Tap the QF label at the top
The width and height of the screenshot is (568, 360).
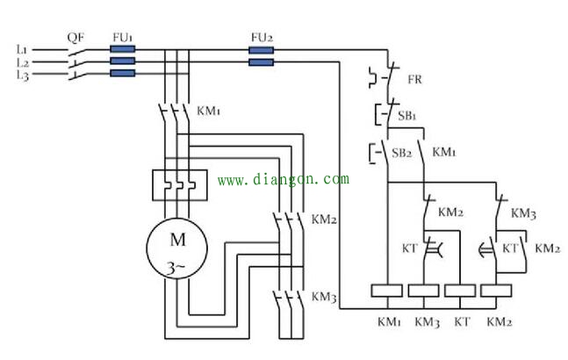click(75, 38)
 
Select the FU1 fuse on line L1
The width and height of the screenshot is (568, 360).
click(122, 49)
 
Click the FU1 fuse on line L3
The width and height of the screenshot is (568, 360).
click(122, 74)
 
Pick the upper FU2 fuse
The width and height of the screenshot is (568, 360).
click(262, 50)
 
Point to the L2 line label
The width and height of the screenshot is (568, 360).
click(23, 62)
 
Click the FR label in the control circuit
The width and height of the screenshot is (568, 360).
click(414, 79)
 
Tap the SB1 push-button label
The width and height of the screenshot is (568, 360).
click(406, 116)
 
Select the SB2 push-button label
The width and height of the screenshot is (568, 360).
click(402, 153)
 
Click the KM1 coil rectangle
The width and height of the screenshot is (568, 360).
click(387, 291)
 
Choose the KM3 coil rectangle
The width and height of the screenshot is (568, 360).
click(423, 291)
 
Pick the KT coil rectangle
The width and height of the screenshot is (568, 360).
click(460, 291)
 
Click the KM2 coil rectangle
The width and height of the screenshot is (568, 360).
click(496, 291)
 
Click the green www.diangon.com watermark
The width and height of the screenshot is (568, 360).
click(284, 179)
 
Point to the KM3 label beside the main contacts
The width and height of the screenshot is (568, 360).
click(324, 297)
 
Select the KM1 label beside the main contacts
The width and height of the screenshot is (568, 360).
click(208, 111)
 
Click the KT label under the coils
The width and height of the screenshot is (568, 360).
click(462, 321)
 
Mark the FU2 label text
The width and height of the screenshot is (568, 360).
click(262, 37)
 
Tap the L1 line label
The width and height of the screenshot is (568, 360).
click(22, 49)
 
